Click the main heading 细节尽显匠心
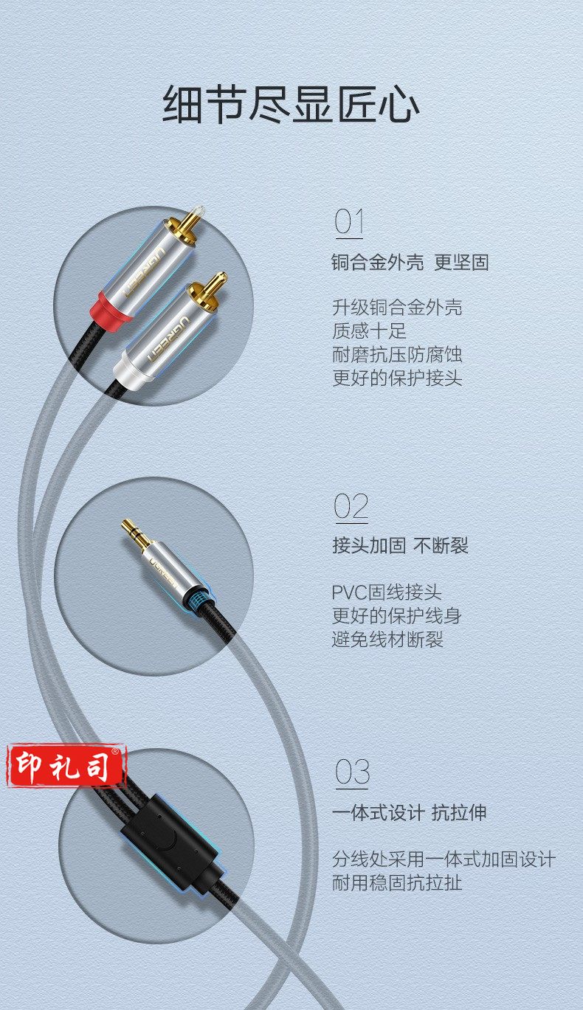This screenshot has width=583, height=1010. pos(291,105)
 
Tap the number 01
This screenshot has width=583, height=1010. pos(348,222)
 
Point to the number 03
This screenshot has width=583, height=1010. pos(352,772)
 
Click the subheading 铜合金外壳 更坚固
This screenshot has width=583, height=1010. pos(410,263)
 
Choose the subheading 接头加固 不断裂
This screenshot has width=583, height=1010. pos(400,545)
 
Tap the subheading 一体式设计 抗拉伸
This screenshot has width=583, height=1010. pos(409,812)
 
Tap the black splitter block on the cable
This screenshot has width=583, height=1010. pos(171,843)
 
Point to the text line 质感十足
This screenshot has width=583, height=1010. pos(369,331)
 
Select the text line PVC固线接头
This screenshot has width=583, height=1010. pos(387,592)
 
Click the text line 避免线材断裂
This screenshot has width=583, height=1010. pos(387,639)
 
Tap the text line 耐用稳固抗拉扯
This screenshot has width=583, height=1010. pos(397,882)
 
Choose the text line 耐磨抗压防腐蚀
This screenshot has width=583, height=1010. pos(397,355)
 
